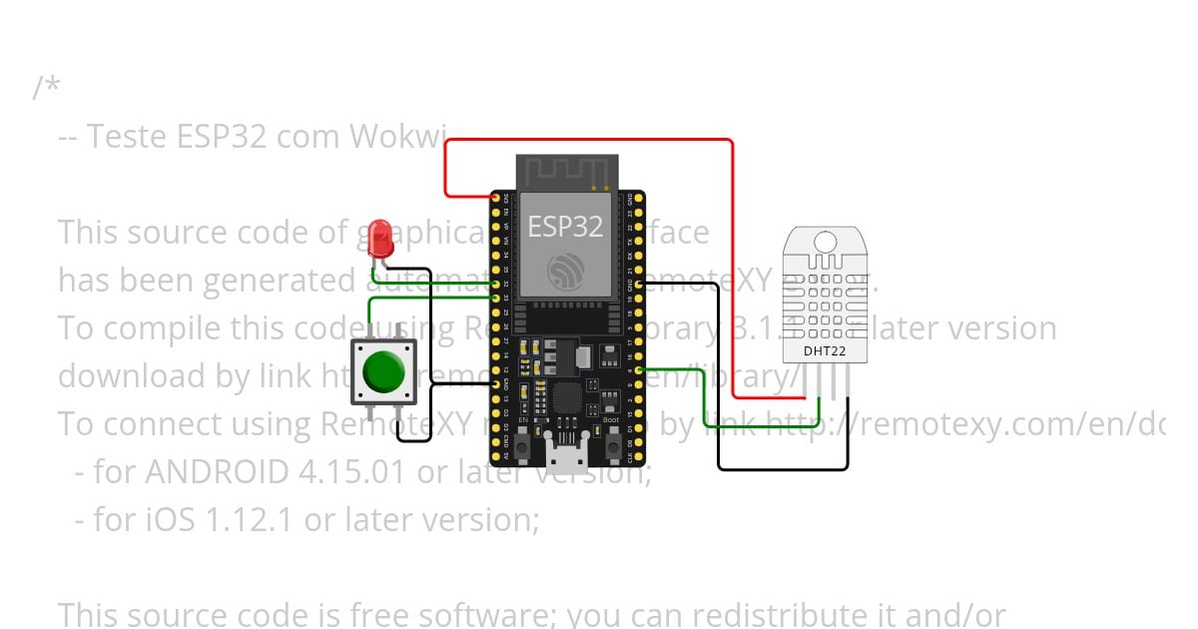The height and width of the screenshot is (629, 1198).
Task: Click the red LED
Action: (379, 237)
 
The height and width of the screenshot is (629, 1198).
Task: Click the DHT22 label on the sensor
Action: (824, 349)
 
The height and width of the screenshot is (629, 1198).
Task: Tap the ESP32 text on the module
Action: (565, 227)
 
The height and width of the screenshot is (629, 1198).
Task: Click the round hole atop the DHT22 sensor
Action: (825, 242)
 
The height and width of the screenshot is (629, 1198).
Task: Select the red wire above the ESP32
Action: (589, 141)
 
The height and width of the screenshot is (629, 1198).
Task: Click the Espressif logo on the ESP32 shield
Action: (565, 270)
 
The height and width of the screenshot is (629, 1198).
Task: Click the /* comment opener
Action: (46, 88)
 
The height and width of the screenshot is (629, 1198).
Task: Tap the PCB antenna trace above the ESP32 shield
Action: (565, 172)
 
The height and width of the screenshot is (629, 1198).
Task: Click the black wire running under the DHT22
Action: (784, 468)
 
